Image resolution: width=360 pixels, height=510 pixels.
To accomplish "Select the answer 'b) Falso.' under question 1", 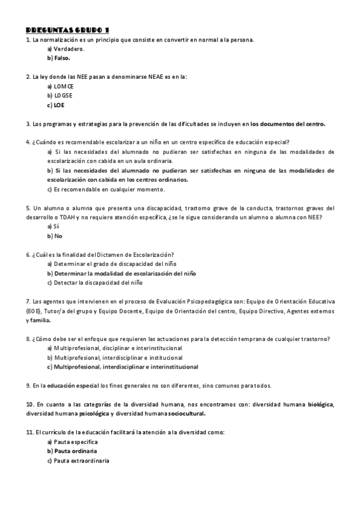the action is click(x=59, y=58).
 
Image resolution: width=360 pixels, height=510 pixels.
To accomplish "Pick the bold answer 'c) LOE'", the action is click(x=56, y=105).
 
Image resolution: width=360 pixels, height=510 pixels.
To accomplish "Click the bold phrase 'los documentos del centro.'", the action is click(x=288, y=124).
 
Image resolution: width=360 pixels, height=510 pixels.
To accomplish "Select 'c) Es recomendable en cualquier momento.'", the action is click(x=105, y=189).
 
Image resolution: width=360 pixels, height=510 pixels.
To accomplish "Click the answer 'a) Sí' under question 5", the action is click(x=53, y=226).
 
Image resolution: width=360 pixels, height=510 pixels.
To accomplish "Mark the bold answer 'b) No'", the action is click(x=54, y=236).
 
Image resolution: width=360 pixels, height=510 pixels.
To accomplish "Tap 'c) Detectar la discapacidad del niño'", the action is click(x=95, y=282).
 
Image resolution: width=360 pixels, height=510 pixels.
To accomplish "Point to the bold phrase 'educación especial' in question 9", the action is click(x=73, y=386).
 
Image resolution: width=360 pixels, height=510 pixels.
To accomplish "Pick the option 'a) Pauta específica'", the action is click(x=72, y=441).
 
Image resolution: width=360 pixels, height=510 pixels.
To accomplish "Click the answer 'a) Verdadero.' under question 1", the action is click(x=66, y=49).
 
